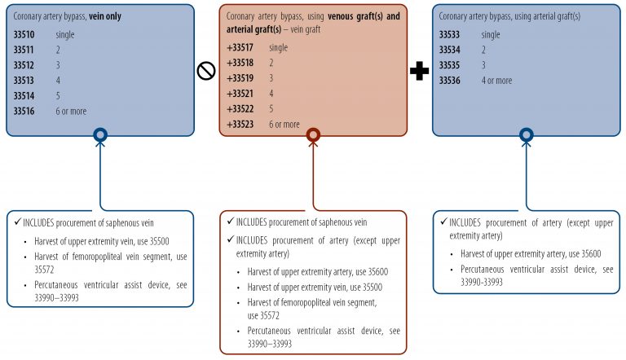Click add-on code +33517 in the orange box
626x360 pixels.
pyautogui.click(x=241, y=47)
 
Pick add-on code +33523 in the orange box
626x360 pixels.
pyautogui.click(x=241, y=124)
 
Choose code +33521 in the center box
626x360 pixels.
pyautogui.click(x=241, y=93)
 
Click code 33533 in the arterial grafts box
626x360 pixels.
pyautogui.click(x=452, y=35)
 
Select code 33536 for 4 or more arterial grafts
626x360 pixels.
pyautogui.click(x=452, y=80)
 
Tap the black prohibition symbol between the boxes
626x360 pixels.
pyautogui.click(x=206, y=71)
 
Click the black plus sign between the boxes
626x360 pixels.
pyautogui.click(x=419, y=72)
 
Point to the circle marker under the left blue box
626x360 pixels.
pyautogui.click(x=100, y=135)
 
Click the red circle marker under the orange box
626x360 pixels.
pyautogui.click(x=313, y=135)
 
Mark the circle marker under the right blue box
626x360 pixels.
pyautogui.click(x=526, y=135)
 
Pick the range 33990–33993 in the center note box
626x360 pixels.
pyautogui.click(x=271, y=343)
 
